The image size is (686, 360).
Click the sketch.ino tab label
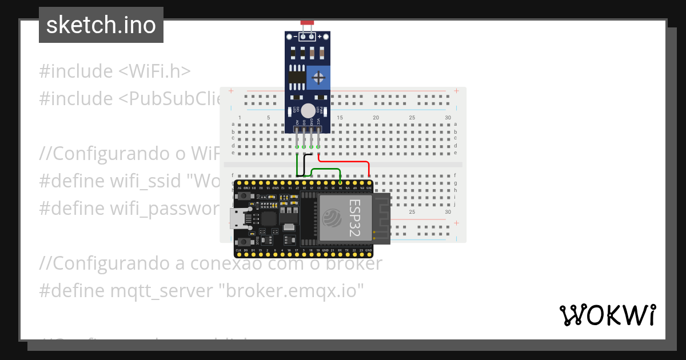coord(101,25)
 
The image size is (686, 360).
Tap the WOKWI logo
coord(607,315)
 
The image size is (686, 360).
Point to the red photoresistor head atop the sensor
coord(308,22)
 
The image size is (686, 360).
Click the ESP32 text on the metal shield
coord(354,217)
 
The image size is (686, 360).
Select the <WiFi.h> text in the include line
coord(154,71)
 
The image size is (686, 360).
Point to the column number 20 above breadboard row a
coord(376,118)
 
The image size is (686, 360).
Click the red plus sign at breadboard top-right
coord(456,91)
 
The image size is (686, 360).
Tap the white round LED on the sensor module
coord(308,111)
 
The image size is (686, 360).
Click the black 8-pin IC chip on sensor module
coord(296,78)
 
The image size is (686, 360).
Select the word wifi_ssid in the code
coord(146,181)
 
